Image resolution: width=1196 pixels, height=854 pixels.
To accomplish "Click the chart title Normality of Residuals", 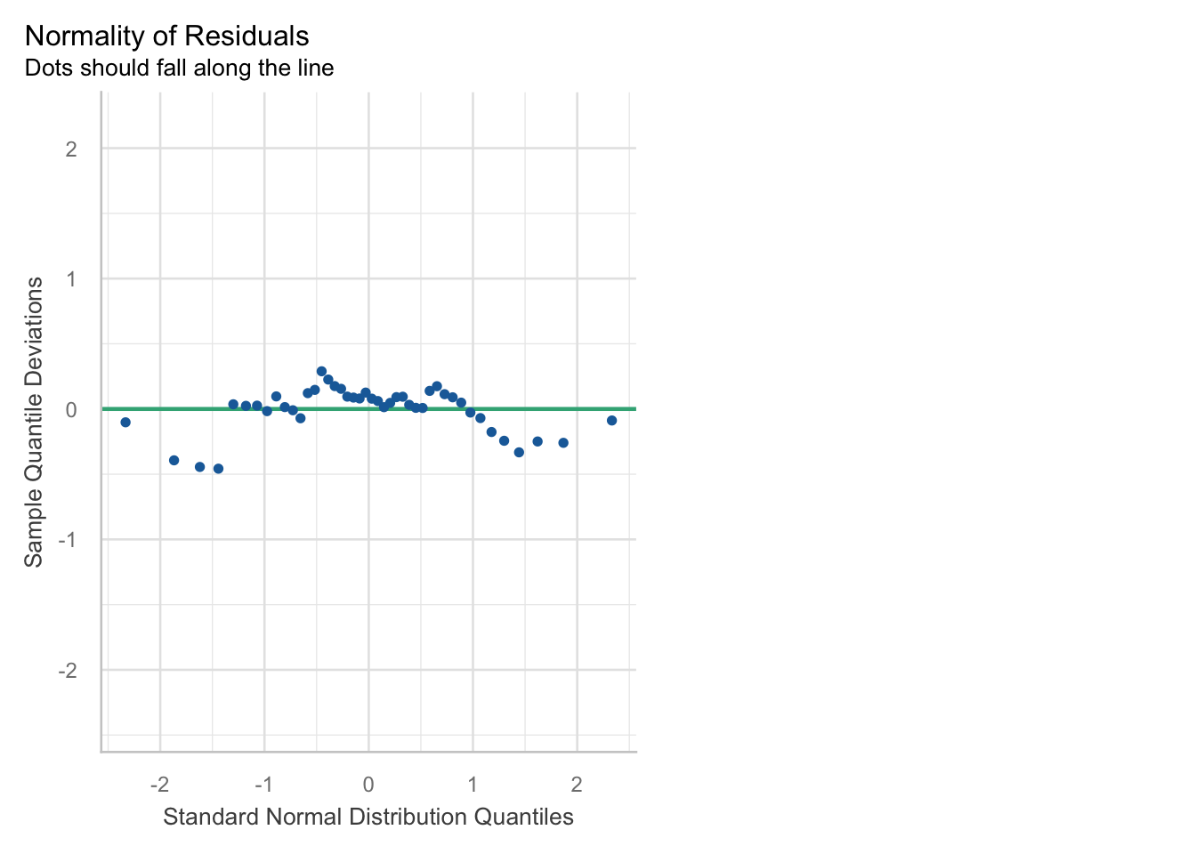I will [x=167, y=36].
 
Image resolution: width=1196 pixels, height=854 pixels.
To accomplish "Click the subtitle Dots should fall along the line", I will [x=179, y=68].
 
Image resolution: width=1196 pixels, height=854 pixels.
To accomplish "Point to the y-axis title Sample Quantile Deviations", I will [x=34, y=422].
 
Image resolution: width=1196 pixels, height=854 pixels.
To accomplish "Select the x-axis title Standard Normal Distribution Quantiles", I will [x=368, y=817].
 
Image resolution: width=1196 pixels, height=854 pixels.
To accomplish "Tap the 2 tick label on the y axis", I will [x=71, y=149].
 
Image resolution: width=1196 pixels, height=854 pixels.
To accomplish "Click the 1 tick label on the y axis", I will [x=71, y=279].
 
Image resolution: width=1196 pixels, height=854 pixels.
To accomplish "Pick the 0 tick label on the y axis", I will [x=71, y=410].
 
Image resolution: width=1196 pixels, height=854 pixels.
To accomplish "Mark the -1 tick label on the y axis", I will [x=68, y=540].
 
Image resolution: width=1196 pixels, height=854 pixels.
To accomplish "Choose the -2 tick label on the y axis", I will [x=68, y=671].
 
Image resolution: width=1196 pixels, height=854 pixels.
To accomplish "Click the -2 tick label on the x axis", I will [x=159, y=785].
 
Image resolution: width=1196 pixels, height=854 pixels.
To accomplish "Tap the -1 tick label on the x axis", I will [x=263, y=785].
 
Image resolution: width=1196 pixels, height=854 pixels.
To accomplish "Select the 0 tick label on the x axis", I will [x=368, y=785].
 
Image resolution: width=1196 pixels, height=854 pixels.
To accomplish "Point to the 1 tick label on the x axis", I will [x=473, y=785].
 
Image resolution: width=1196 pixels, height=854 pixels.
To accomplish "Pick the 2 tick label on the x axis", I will [x=577, y=785].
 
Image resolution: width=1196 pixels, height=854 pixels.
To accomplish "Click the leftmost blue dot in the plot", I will [x=125, y=423].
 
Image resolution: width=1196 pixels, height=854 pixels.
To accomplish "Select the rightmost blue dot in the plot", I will [x=612, y=421].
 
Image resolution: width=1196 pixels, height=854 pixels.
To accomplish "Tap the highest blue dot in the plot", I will [x=321, y=371].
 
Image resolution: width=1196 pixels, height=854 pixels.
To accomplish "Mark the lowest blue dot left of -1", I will [x=218, y=469].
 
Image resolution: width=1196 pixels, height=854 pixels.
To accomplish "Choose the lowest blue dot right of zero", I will [x=519, y=453].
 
